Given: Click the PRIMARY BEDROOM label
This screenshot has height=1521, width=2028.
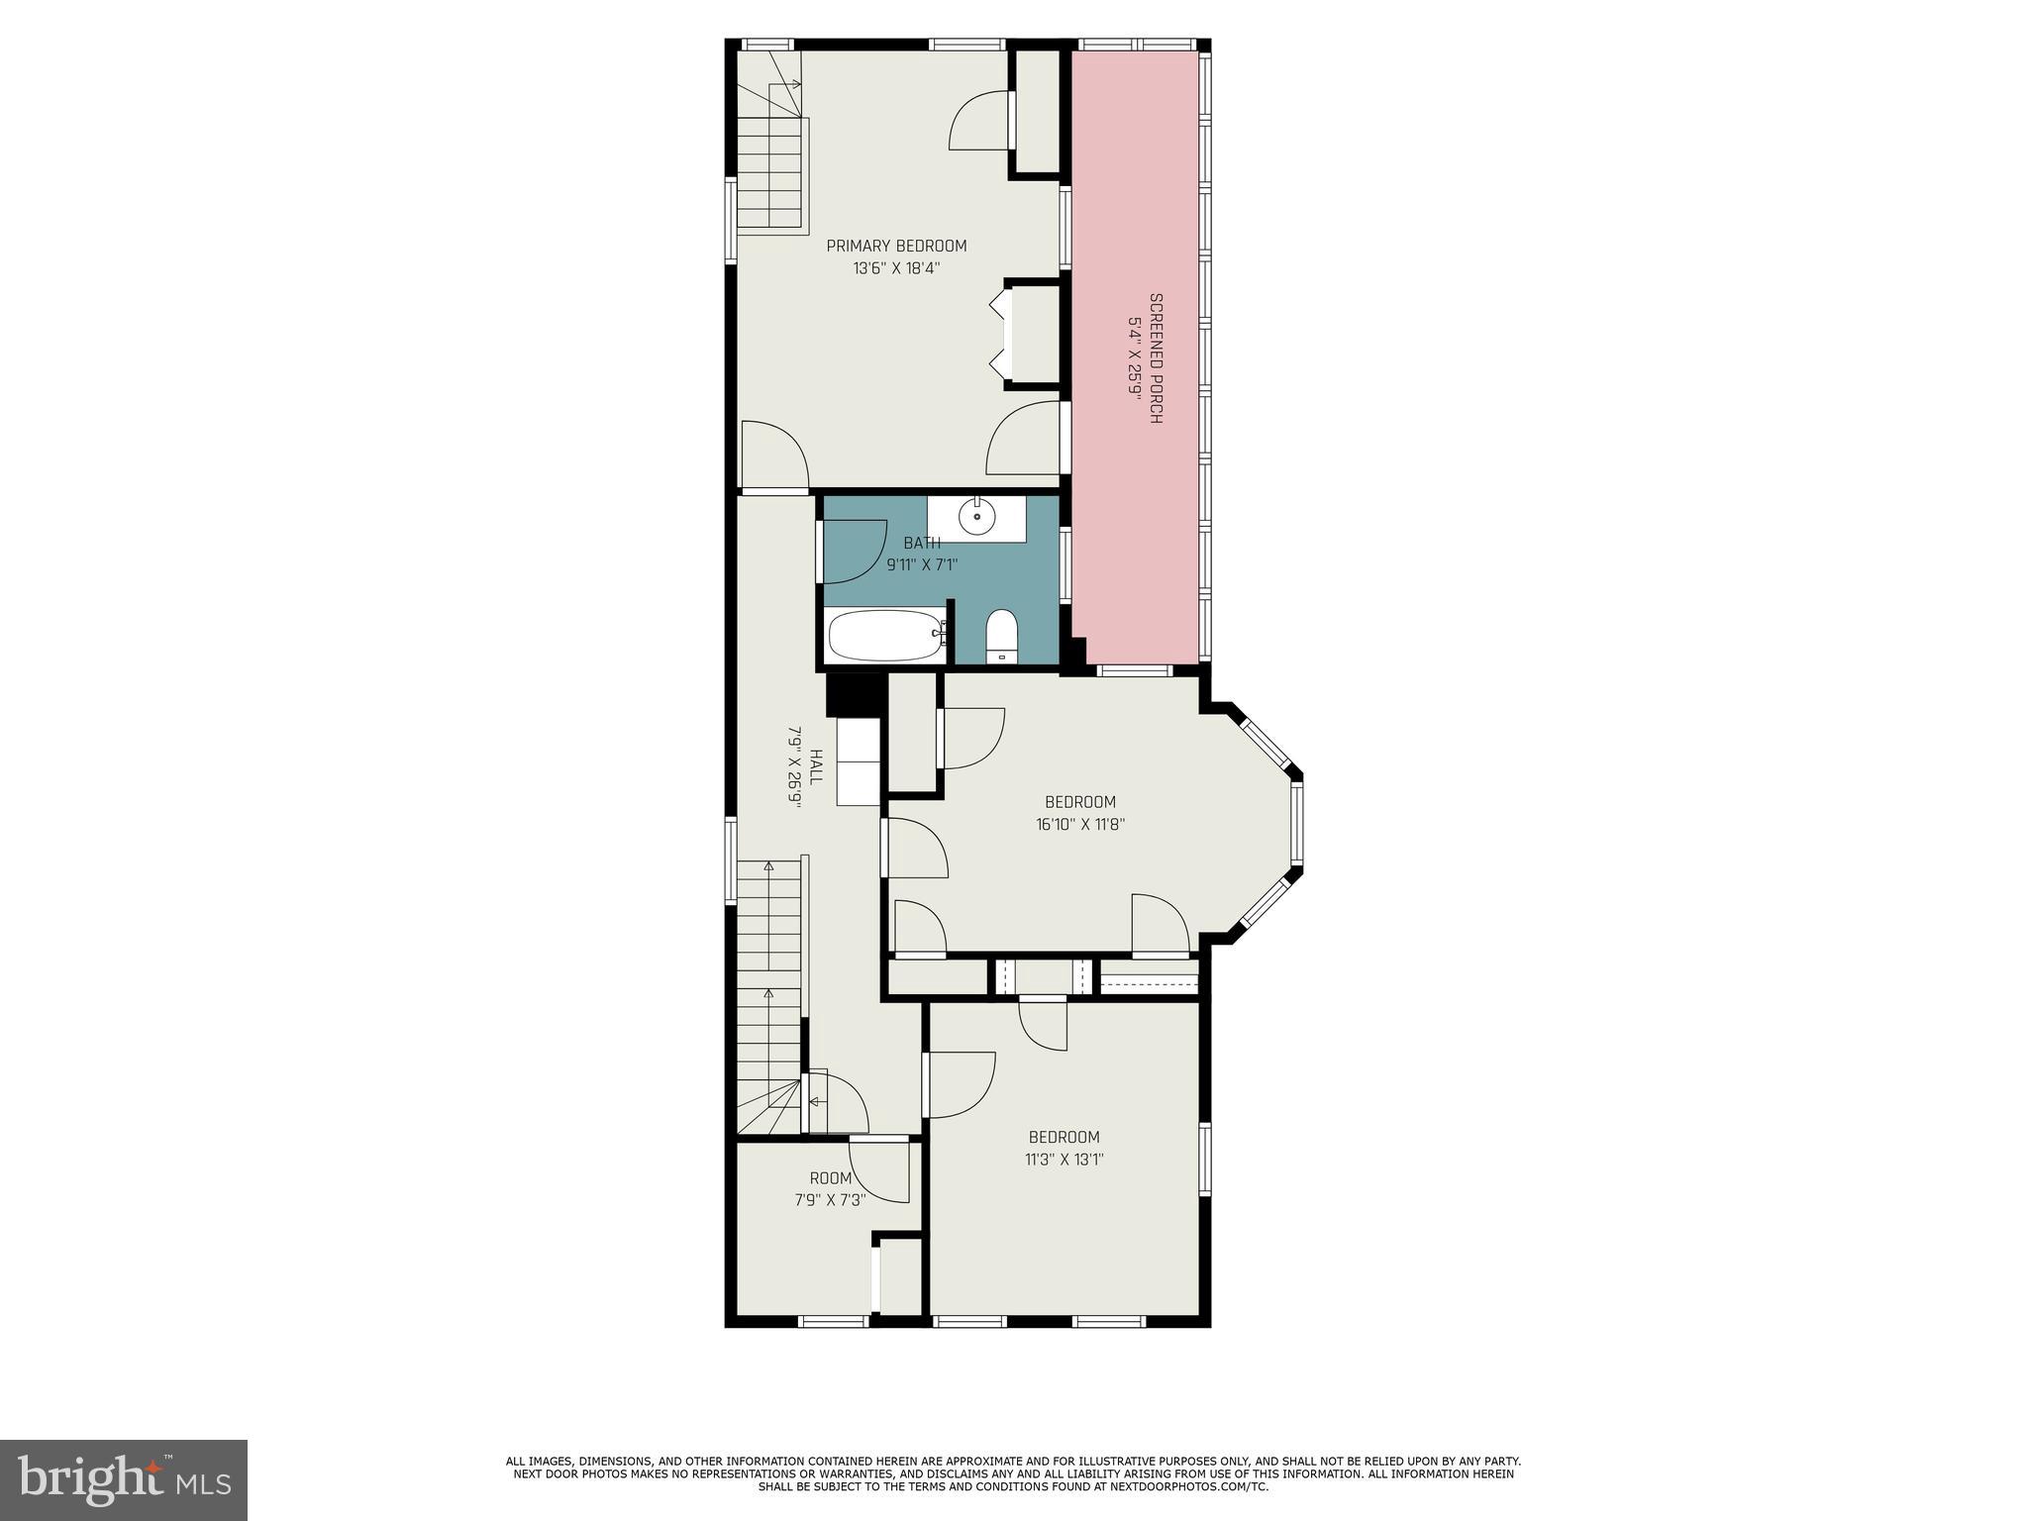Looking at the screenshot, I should (896, 246).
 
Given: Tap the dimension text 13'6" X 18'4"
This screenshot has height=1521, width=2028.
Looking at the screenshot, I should (896, 267).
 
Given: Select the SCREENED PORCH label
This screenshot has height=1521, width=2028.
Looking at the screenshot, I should (1155, 358).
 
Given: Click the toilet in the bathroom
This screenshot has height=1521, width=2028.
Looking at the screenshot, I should (1002, 635).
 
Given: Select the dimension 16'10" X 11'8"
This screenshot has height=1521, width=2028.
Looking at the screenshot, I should (1080, 824).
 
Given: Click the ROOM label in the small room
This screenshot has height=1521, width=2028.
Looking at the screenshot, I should (831, 1178).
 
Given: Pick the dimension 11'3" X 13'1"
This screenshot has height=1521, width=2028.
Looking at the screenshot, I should (1064, 1160).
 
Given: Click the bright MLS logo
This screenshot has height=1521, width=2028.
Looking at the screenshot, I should (123, 1479).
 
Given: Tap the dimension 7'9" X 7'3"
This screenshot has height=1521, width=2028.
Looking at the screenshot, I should (830, 1199).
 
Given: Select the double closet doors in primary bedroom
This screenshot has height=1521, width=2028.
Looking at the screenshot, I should (998, 336).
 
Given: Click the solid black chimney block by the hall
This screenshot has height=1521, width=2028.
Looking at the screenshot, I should (853, 694).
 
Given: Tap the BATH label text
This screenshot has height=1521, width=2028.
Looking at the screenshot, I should (921, 543).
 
